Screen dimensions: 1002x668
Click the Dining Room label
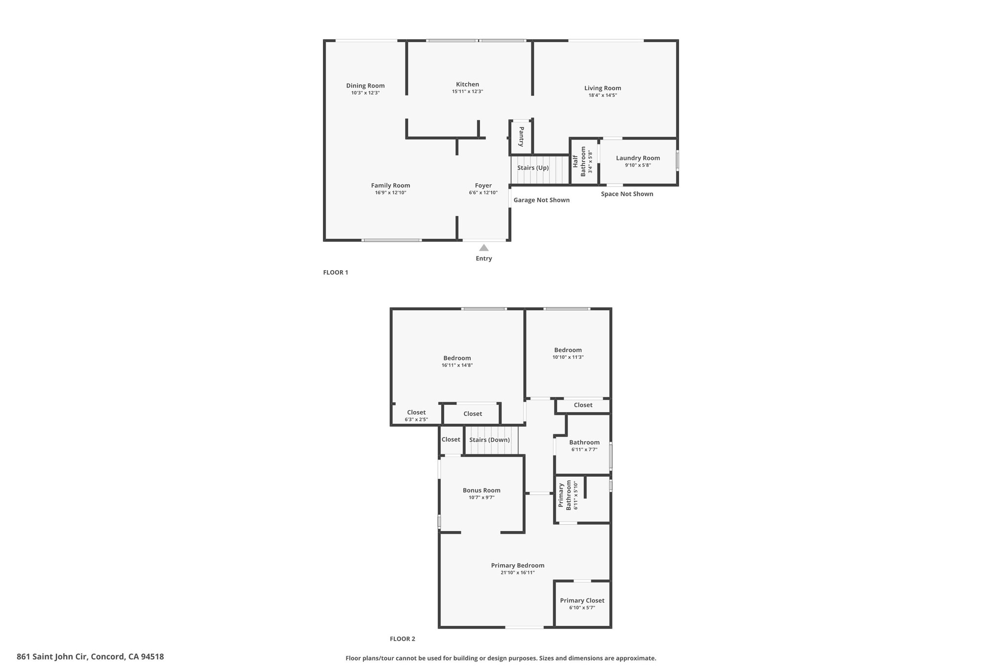click(x=365, y=86)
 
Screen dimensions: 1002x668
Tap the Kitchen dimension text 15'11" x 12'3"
click(x=468, y=92)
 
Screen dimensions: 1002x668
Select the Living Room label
click(x=603, y=88)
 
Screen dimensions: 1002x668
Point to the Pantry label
click(x=522, y=137)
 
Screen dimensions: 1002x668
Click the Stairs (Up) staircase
click(x=541, y=170)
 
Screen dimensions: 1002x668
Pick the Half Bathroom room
click(x=584, y=162)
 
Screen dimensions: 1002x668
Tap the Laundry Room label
click(x=638, y=158)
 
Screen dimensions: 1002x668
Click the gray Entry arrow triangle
click(x=484, y=248)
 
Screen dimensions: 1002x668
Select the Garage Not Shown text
click(x=542, y=200)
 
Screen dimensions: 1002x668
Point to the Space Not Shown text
click(x=627, y=194)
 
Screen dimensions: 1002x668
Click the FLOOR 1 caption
click(x=336, y=273)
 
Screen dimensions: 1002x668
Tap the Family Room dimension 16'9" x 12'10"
click(x=390, y=193)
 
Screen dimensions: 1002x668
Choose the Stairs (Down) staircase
click(x=491, y=440)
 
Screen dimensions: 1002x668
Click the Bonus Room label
click(x=481, y=490)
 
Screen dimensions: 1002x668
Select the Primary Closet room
click(x=582, y=604)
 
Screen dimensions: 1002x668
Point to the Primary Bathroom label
click(x=565, y=495)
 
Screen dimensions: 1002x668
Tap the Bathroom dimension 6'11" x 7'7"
click(x=584, y=450)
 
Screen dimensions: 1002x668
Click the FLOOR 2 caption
click(x=403, y=639)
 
